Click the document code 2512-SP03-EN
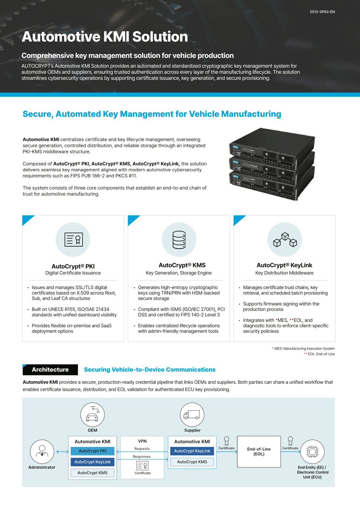[x=322, y=12]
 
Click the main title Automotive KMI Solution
[x=105, y=37]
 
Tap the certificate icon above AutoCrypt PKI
[x=73, y=240]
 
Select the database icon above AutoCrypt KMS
[x=179, y=240]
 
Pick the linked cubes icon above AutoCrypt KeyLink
[x=285, y=240]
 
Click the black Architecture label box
[x=50, y=370]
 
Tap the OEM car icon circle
[x=92, y=415]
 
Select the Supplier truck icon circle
[x=192, y=415]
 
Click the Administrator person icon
[x=42, y=452]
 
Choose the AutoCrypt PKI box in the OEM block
[x=92, y=451]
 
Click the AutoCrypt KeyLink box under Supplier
[x=192, y=451]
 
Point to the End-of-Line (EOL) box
[x=259, y=452]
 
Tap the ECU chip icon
[x=312, y=452]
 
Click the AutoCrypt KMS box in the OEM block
[x=92, y=473]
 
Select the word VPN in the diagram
[x=142, y=441]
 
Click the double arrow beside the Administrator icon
[x=62, y=452]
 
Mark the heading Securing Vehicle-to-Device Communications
[x=150, y=370]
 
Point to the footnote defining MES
[x=304, y=349]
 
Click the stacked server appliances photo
[x=272, y=164]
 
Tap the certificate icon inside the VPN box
[x=142, y=465]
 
